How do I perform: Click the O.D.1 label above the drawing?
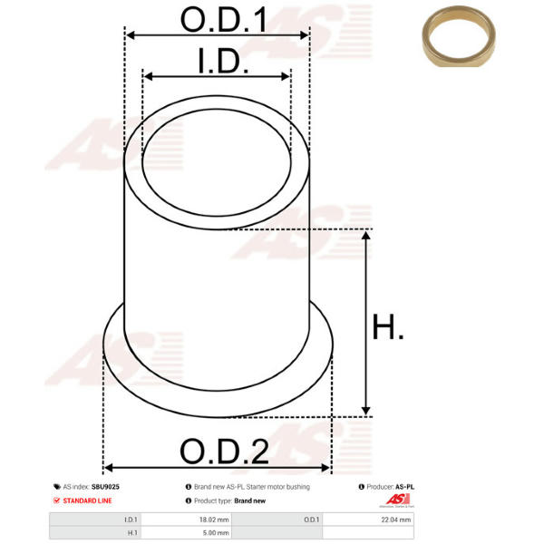[x=224, y=20]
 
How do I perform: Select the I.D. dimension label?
[x=223, y=61]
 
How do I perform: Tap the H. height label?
[x=387, y=326]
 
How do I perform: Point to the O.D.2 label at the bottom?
[x=224, y=452]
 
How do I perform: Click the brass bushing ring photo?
[x=459, y=36]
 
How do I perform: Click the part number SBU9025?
[x=105, y=487]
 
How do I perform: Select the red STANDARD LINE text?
[x=87, y=500]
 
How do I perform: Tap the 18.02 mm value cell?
[x=214, y=520]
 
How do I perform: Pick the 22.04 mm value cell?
[x=396, y=520]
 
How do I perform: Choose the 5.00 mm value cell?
[x=216, y=532]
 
